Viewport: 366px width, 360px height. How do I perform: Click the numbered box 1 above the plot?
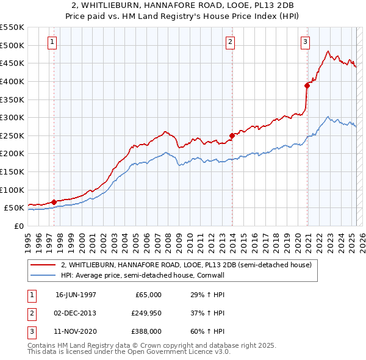coord(52,42)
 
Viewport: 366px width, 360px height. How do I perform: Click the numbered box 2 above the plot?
coord(230,42)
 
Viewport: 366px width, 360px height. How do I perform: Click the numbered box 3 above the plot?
coord(305,42)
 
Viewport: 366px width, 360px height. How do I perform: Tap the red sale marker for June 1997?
coord(54,202)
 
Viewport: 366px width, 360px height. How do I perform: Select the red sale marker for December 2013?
coord(232,135)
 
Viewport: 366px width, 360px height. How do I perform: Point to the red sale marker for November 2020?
coord(307,85)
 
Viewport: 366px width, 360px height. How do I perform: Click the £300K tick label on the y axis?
coord(12,117)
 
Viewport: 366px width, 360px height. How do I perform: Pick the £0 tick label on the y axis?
coord(20,226)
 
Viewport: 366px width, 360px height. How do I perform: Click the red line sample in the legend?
coord(43,265)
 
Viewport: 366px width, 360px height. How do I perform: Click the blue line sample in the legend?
coord(43,275)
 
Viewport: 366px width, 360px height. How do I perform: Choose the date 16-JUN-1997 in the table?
coord(76,295)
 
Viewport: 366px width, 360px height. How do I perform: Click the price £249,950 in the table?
coord(146,313)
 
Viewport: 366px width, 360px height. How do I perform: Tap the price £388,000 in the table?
coord(146,331)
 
